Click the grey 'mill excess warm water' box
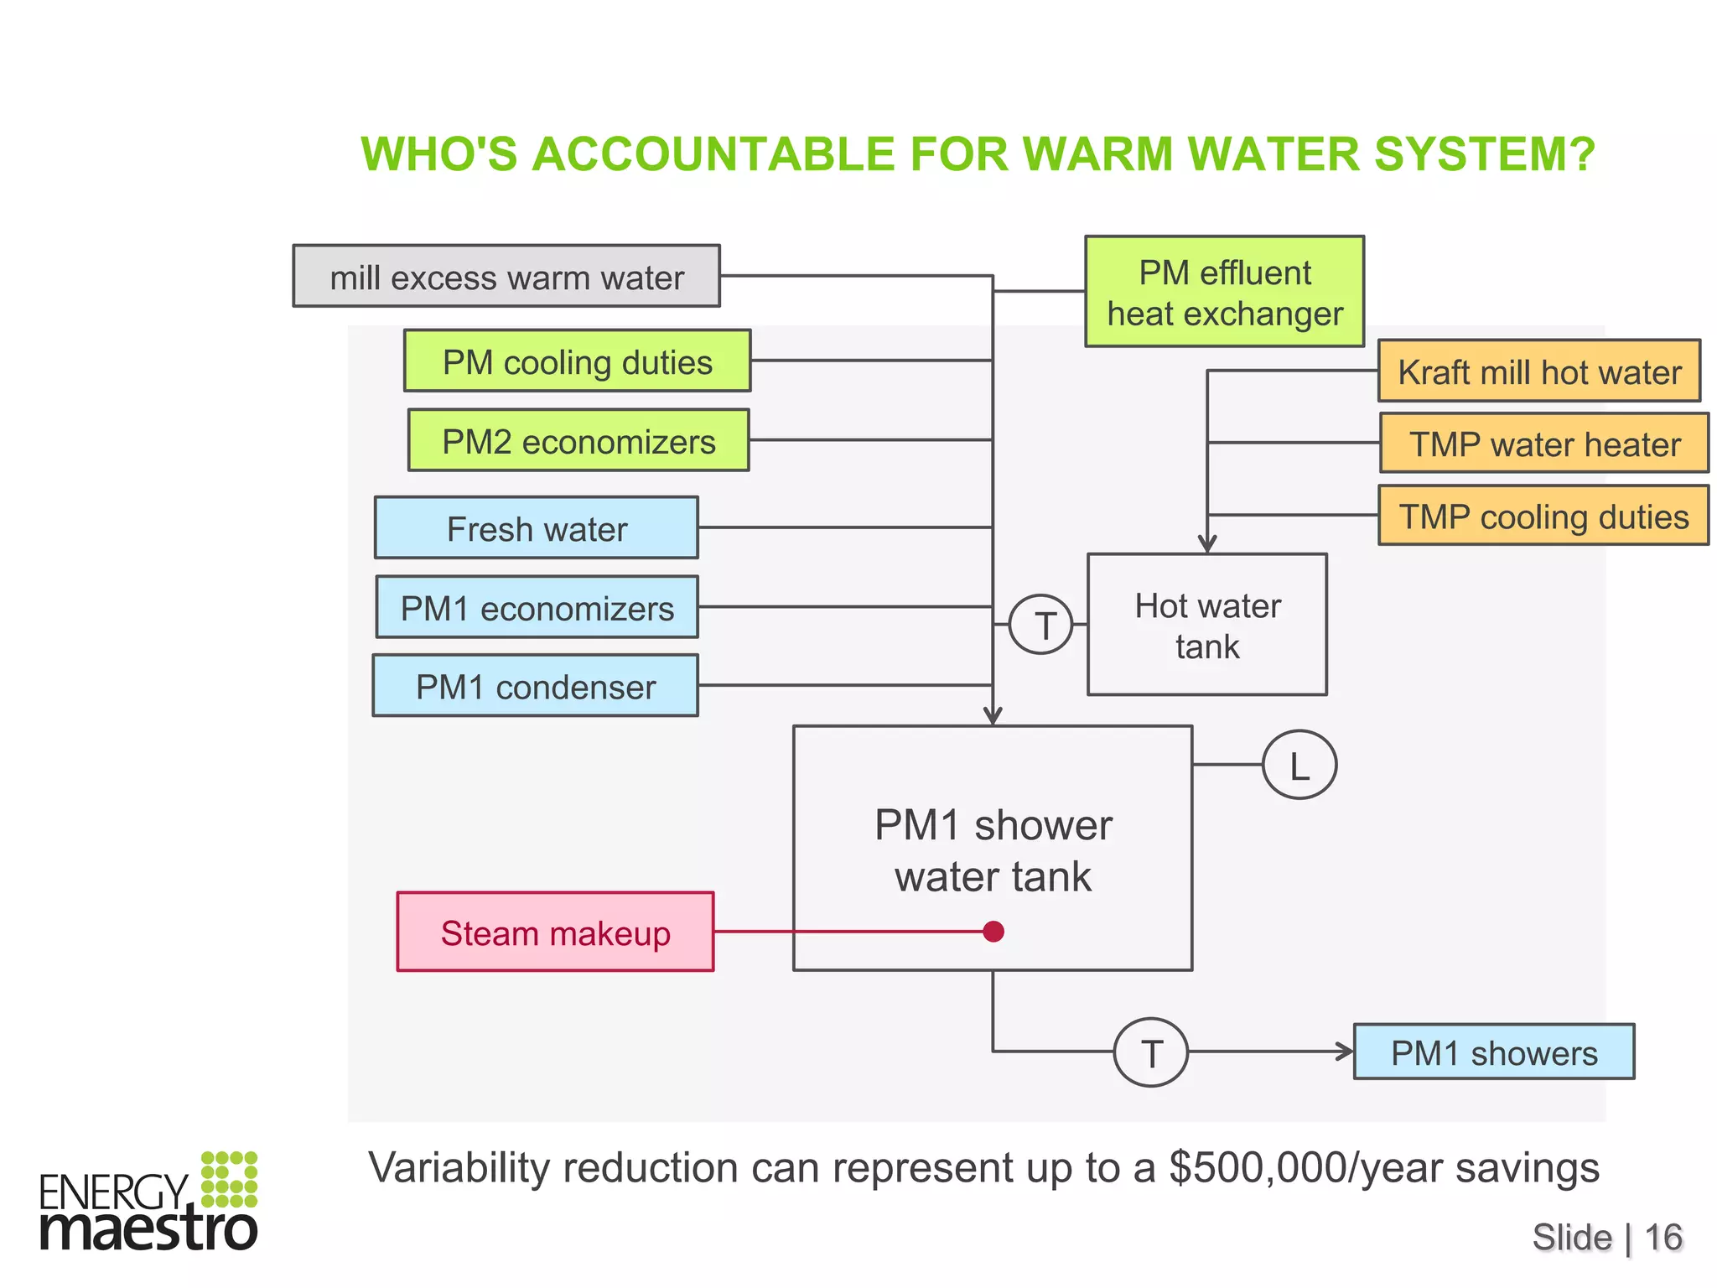click(506, 276)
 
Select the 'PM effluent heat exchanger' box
click(1224, 292)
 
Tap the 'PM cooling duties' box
click(578, 361)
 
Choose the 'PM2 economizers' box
click(578, 440)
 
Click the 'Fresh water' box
click(537, 527)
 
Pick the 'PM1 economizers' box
click(537, 607)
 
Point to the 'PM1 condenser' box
click(536, 686)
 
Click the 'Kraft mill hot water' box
click(1539, 371)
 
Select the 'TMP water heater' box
click(1544, 443)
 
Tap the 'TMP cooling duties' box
click(1543, 516)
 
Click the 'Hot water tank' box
click(1207, 625)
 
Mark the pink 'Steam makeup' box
click(555, 932)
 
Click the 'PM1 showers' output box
click(1494, 1052)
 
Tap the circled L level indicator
click(1299, 765)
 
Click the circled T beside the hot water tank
click(1041, 625)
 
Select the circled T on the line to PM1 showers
click(1151, 1052)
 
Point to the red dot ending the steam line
click(993, 932)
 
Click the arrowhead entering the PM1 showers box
click(1345, 1052)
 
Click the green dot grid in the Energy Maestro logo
click(229, 1179)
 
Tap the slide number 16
click(1663, 1238)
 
